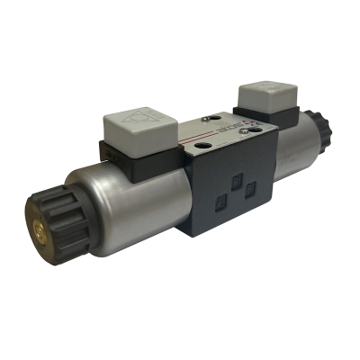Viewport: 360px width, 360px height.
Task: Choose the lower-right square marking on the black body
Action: (250, 190)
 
